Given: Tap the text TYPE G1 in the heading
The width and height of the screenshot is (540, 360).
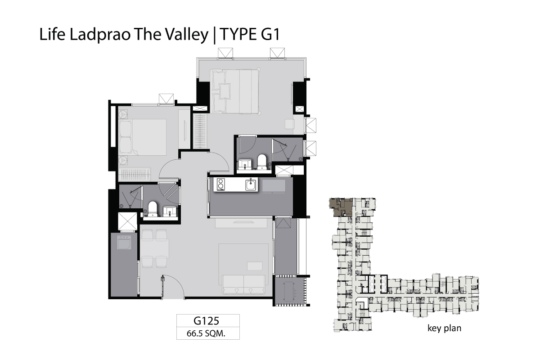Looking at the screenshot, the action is click(249, 34).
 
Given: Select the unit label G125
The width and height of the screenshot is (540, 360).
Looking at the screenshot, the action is click(207, 321).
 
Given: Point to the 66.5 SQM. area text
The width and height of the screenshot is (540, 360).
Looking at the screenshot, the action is click(206, 333).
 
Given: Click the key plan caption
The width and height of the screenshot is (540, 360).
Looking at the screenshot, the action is click(444, 328).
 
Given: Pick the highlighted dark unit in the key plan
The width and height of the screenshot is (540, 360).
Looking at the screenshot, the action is click(341, 207).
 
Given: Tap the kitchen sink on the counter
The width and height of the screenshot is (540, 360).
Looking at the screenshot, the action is click(251, 184).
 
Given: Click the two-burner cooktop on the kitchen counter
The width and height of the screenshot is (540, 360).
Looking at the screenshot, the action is click(220, 184).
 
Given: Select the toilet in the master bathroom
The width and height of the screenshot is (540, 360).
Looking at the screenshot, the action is click(261, 162).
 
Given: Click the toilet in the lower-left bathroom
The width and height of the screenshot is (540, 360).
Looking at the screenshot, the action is click(153, 209).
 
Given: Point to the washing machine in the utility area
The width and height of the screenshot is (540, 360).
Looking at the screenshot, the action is click(124, 242).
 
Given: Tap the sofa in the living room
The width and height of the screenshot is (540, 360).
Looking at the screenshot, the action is click(243, 284).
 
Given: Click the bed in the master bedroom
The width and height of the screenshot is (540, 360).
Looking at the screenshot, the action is click(235, 91).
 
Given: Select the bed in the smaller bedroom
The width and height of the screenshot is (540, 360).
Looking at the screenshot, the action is click(143, 137).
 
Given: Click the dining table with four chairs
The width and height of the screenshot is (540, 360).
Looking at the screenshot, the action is click(154, 248).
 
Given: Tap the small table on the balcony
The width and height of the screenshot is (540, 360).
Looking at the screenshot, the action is click(288, 291).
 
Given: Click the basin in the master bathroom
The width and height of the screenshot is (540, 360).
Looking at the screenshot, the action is click(245, 164).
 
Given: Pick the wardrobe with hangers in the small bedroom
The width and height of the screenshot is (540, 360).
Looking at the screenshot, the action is click(134, 174).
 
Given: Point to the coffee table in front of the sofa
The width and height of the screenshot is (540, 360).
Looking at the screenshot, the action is click(255, 266).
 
